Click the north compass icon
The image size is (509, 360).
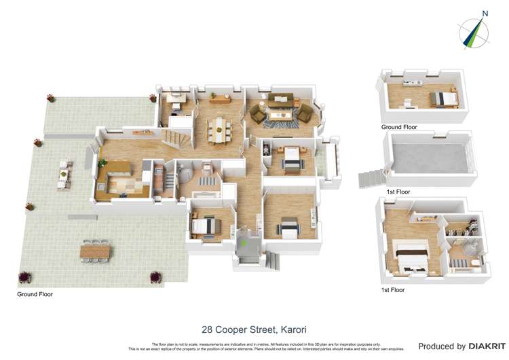pos(474,31)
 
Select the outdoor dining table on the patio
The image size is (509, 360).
pos(94,251)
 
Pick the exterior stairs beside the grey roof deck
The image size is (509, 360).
pos(370,178)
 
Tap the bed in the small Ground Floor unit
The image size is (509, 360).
pos(445,99)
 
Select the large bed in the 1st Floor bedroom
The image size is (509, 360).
pos(412,257)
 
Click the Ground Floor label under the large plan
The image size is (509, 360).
pos(35,295)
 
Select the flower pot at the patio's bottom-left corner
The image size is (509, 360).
pos(25,276)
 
